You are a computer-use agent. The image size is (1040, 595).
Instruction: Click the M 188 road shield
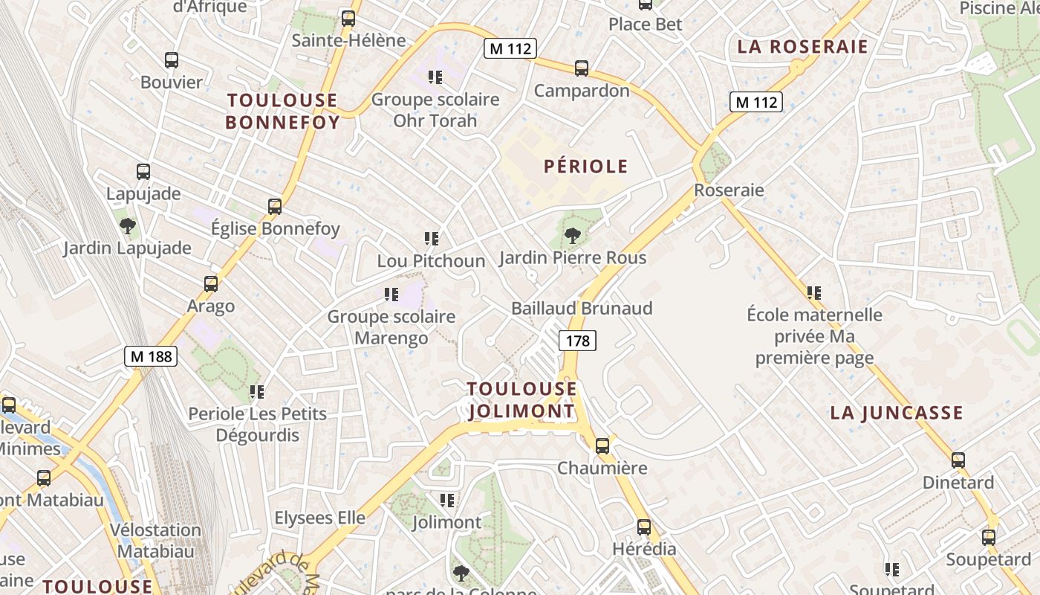click(x=151, y=356)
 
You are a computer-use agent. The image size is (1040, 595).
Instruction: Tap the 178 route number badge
click(x=577, y=341)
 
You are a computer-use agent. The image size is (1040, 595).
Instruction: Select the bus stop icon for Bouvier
click(x=172, y=60)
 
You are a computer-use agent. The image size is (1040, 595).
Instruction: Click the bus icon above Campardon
click(x=582, y=68)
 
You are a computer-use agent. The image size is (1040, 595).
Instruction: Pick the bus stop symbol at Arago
click(x=211, y=284)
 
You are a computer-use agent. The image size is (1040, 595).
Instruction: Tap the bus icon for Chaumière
click(x=602, y=446)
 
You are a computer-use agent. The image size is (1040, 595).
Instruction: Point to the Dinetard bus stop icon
click(x=958, y=460)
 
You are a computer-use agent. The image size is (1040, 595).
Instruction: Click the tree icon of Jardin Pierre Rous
click(x=572, y=237)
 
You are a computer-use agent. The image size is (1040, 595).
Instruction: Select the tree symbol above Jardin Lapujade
click(x=127, y=225)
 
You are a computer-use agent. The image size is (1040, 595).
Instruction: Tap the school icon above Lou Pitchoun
click(x=431, y=239)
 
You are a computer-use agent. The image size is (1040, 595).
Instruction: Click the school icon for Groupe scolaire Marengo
click(x=391, y=295)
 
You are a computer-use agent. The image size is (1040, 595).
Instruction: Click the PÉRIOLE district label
click(x=585, y=167)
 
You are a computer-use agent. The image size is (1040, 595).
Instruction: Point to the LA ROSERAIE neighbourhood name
click(x=802, y=47)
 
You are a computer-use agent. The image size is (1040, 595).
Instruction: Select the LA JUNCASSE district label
click(x=896, y=413)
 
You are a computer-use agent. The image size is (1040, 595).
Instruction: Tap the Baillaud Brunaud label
click(x=582, y=308)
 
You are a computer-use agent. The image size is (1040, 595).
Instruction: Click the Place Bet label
click(x=645, y=24)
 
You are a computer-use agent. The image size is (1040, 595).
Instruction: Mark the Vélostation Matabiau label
click(x=155, y=541)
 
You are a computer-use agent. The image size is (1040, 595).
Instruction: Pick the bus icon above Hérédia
click(x=644, y=527)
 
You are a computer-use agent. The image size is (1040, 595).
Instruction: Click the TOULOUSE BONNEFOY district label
click(x=282, y=111)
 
